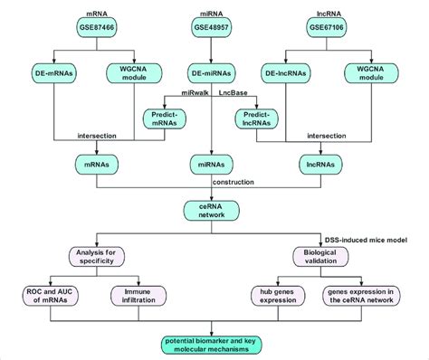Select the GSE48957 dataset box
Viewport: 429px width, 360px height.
coord(211,28)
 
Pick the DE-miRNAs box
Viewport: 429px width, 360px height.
coord(211,72)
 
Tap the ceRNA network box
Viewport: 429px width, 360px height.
coord(211,213)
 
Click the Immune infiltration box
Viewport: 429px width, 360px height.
coord(138,296)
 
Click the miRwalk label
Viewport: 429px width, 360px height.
coord(186,93)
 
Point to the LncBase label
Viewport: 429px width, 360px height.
coord(235,93)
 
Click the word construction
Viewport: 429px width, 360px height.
coord(234,183)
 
